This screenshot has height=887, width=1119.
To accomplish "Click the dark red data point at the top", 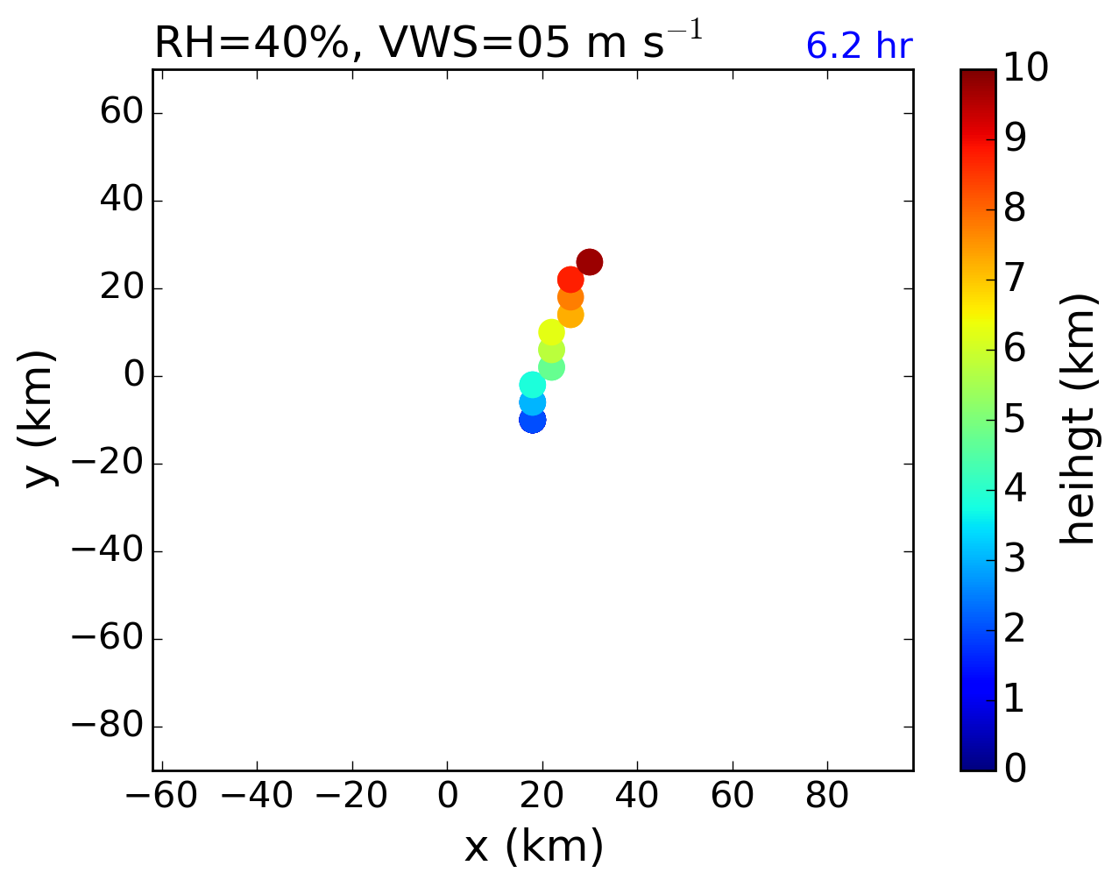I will (589, 262).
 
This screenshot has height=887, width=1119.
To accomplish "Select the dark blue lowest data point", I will (532, 420).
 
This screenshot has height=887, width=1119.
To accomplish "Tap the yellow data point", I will (551, 332).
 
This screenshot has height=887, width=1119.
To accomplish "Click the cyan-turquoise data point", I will (532, 385).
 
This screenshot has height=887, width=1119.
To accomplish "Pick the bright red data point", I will (570, 280).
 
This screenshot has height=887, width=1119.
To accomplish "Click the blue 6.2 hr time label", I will (859, 46).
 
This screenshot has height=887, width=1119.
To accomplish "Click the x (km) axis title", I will (533, 847).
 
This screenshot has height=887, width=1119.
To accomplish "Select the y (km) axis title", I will (39, 419).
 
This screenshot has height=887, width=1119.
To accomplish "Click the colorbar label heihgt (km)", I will (1079, 419).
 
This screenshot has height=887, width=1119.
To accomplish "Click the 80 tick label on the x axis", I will (827, 797).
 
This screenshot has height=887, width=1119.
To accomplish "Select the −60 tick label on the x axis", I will (155, 797).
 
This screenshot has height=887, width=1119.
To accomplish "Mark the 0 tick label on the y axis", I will (132, 377).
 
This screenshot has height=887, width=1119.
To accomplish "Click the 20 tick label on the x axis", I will (542, 797).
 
